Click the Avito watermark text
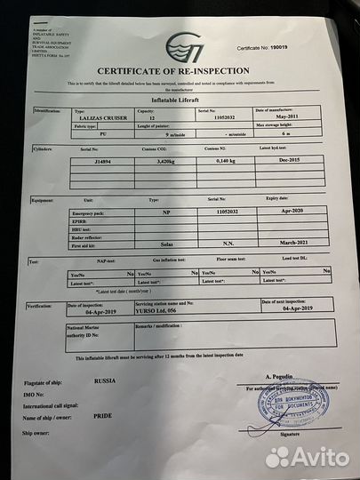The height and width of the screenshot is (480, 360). pyautogui.click(x=313, y=455)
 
